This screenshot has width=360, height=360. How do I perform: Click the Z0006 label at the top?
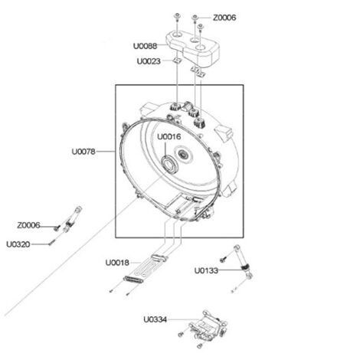[x=224, y=18]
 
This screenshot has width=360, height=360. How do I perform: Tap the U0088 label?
[x=145, y=46]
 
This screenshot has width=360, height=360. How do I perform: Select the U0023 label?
[x=149, y=61]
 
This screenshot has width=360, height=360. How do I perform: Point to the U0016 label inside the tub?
[x=169, y=136]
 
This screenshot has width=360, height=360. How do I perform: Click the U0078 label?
[x=83, y=152]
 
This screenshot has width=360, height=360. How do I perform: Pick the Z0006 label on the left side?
[x=28, y=225]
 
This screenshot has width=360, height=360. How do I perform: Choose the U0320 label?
[x=18, y=244]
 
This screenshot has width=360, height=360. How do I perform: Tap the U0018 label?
[x=117, y=263]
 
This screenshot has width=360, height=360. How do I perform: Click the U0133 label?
[x=206, y=270]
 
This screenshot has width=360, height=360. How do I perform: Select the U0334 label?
[x=155, y=319]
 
